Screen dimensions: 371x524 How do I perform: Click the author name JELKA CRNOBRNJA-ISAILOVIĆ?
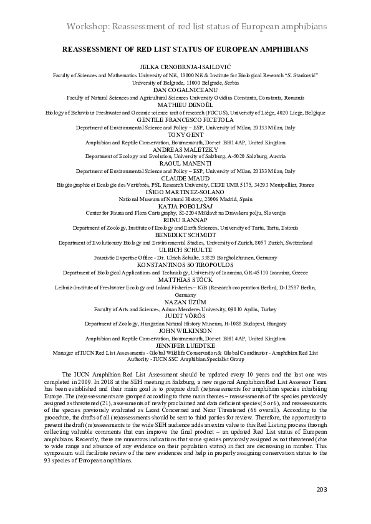tap(185, 66)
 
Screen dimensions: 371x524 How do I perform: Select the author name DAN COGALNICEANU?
tap(185, 90)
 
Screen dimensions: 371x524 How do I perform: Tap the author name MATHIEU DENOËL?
tap(185, 105)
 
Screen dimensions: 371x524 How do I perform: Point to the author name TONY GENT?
tap(185, 134)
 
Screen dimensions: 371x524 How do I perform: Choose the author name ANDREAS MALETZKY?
tap(185, 149)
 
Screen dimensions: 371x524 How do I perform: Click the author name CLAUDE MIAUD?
tap(185, 178)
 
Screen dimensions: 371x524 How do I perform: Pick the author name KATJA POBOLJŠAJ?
tap(185, 207)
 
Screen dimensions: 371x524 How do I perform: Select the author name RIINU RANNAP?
tap(185, 221)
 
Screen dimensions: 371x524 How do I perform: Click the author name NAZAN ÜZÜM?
tap(185, 301)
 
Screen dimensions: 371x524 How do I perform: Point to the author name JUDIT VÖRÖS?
tap(185, 316)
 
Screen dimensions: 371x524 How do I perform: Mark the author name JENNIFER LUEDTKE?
tap(185, 345)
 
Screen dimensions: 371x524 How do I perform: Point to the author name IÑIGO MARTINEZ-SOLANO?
tap(185, 192)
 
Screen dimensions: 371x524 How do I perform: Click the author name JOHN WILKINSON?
tap(185, 330)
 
